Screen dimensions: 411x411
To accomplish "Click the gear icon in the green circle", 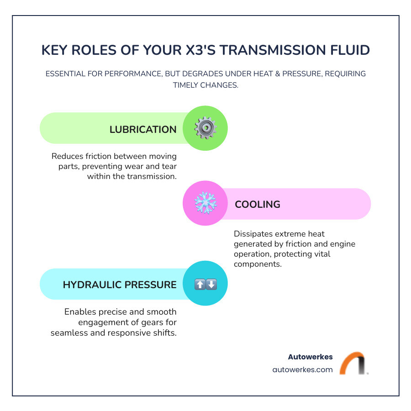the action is click(205, 128).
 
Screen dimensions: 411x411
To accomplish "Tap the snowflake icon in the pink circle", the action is click(205, 204).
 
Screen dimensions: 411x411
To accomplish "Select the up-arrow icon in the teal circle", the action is click(200, 285).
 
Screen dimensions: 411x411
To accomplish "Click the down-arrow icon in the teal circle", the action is click(211, 285).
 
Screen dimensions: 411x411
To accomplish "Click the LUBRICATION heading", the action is click(143, 130).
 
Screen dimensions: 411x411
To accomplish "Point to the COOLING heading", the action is click(257, 204).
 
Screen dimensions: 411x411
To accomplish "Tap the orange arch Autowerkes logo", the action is click(353, 364).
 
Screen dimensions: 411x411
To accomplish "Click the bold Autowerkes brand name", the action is click(311, 357).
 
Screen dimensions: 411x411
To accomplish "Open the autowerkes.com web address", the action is click(302, 370).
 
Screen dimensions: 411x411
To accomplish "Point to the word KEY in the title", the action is click(55, 50).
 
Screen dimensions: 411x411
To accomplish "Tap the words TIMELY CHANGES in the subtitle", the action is click(205, 85).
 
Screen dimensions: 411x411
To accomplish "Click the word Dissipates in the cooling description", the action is click(254, 234).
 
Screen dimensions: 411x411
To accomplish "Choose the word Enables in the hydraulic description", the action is click(80, 312).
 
